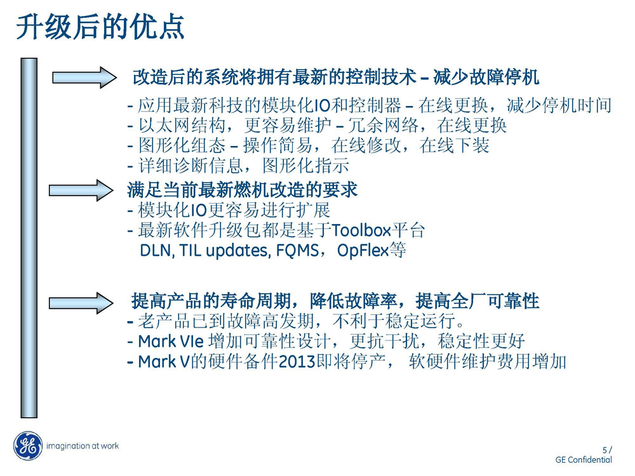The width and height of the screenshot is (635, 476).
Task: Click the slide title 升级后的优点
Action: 100,27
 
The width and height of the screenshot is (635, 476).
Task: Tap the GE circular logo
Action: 28,446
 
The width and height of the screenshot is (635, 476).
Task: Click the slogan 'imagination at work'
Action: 83,446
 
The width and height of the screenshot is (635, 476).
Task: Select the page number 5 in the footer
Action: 605,450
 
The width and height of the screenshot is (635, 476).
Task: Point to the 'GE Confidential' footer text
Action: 584,459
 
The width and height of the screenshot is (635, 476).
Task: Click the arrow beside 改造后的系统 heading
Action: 84,77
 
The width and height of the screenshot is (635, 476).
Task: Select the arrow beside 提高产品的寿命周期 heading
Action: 81,303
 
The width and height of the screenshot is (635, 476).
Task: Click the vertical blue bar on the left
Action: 29,238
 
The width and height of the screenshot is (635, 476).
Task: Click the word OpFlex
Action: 363,251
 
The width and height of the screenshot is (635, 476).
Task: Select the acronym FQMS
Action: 297,251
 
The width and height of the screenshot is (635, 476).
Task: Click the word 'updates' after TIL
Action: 237,251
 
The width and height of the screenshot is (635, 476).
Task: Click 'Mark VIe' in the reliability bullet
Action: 170,341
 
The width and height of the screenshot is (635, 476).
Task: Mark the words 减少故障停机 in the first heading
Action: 486,77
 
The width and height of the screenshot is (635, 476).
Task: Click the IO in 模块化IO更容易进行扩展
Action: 198,210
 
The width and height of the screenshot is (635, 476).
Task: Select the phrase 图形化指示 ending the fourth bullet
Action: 305,166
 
